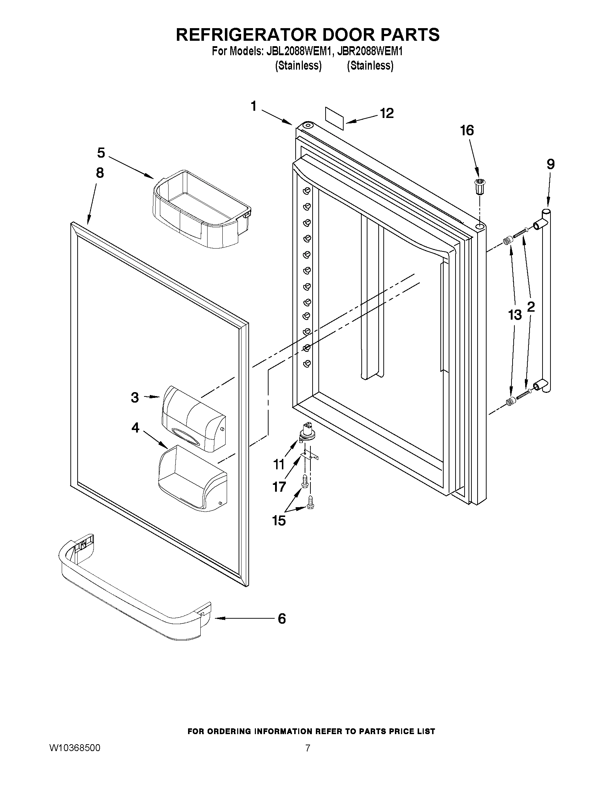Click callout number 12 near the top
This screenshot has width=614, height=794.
(387, 113)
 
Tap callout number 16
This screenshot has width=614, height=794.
(467, 130)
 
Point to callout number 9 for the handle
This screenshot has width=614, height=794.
(550, 164)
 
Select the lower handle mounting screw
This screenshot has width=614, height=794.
(524, 393)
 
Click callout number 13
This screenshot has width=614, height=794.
(515, 315)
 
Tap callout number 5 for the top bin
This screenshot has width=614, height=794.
(101, 153)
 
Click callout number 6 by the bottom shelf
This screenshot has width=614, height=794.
(282, 618)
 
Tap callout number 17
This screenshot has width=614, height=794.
(279, 486)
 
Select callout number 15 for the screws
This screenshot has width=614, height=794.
(279, 521)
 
